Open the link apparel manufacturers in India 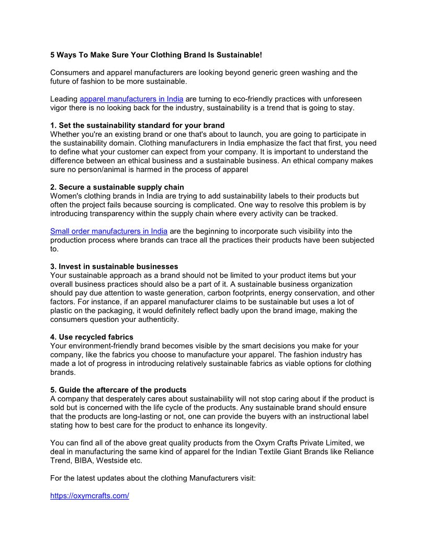pos(131,99)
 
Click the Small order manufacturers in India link pos(109,231)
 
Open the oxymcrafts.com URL pos(89,496)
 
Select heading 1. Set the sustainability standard pos(138,125)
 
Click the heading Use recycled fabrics pos(92,337)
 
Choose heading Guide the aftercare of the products pos(118,390)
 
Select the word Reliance pos(358,452)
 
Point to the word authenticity pos(157,319)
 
